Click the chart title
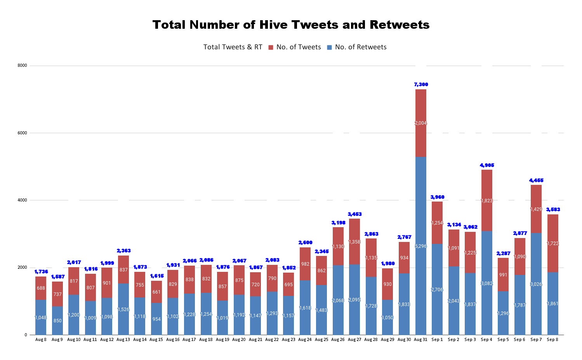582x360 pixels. [x=291, y=25]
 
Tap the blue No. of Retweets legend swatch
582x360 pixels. [x=329, y=47]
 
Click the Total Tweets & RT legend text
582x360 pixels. [x=233, y=47]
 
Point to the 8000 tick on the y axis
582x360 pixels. [x=22, y=66]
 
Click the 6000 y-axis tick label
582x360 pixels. [x=22, y=133]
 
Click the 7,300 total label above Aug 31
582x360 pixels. [x=420, y=84]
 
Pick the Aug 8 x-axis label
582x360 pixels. [x=41, y=340]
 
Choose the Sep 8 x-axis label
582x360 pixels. [x=552, y=340]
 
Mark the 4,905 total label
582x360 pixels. [x=486, y=165]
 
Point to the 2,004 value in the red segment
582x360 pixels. [x=420, y=123]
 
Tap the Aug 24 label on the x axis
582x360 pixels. [x=305, y=340]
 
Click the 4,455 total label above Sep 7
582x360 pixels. [x=536, y=180]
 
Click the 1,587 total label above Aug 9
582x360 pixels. [x=57, y=277]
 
